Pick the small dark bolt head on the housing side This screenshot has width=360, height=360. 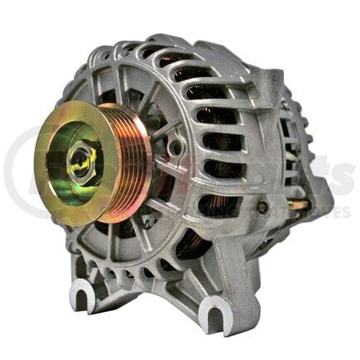click(262, 207)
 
